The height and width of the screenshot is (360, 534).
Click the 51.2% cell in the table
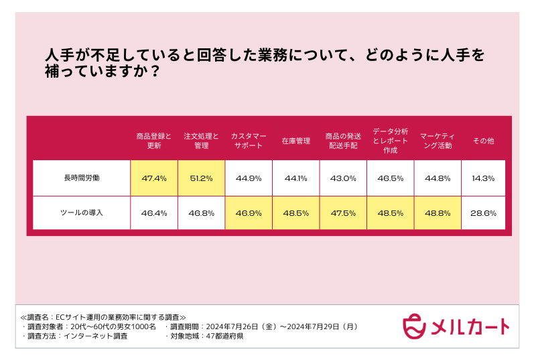tap(201, 178)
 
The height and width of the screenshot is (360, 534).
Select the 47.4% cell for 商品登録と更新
tap(154, 178)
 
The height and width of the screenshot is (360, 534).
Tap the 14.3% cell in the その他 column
tap(484, 178)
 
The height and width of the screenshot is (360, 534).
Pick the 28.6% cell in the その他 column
tap(484, 213)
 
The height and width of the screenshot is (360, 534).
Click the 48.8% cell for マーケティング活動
tap(437, 213)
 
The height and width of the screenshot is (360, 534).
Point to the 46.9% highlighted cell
tap(249, 213)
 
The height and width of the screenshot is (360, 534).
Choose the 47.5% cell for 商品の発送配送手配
tap(343, 213)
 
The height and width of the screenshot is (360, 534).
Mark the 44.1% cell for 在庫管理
tap(295, 178)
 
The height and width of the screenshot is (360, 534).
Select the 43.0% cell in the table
tap(343, 178)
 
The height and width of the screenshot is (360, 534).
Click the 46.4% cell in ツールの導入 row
tap(154, 213)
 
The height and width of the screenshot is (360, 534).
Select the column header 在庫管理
tap(295, 141)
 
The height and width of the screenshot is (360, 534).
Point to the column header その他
tap(484, 141)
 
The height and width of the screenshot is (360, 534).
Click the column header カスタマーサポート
tap(249, 141)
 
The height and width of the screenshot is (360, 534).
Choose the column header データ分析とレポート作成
tap(390, 141)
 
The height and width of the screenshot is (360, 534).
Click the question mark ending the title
tap(155, 70)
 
